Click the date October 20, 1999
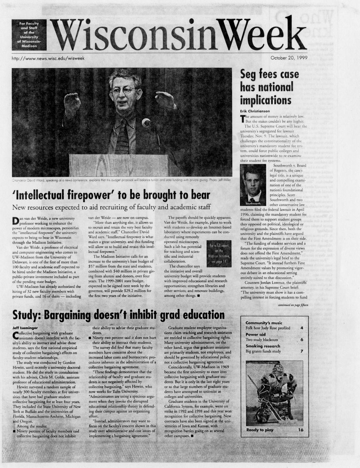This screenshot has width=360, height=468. coord(289,58)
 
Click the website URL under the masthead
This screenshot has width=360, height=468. coord(48,58)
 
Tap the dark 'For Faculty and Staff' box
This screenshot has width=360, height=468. coord(29,35)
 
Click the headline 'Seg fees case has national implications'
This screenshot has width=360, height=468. coord(269,87)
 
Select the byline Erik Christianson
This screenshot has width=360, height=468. coord(255,111)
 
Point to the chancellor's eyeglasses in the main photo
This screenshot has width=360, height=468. coord(123,91)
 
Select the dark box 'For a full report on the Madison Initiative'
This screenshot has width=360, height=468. coord(219,254)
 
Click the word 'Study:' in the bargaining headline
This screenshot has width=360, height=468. coord(27,315)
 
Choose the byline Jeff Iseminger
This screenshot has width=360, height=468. coord(25,328)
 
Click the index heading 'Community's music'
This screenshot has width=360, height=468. coord(264,323)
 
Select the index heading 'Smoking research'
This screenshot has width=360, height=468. coord(263,346)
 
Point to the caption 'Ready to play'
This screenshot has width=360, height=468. coord(260,430)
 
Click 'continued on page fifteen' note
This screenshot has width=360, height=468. coord(293,305)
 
